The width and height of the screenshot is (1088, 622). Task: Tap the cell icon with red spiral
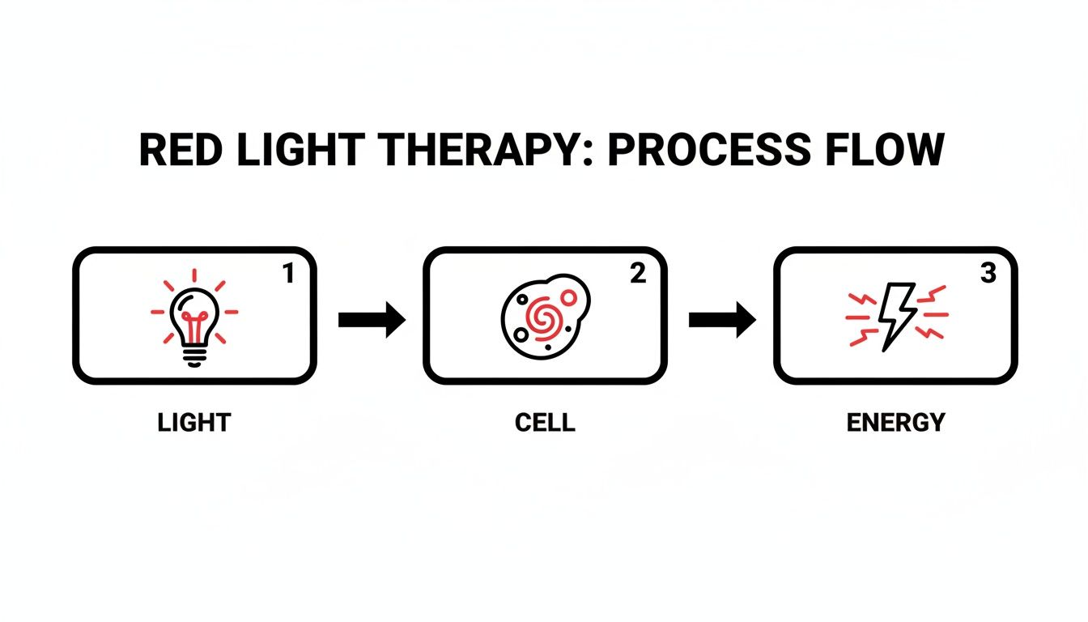coord(543,313)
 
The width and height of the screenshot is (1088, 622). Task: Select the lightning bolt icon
coord(896,316)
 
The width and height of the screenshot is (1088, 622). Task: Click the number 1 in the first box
coord(288,275)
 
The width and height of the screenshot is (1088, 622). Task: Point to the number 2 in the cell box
coord(638,275)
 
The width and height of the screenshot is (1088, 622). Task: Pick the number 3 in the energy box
coord(988,275)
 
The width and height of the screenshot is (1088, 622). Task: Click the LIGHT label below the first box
coord(194,422)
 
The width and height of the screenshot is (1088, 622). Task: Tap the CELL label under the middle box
coord(545,422)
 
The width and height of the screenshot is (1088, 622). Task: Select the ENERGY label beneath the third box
coord(895,422)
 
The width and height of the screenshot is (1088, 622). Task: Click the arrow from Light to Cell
coord(371,320)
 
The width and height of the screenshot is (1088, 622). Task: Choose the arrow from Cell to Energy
coord(721,320)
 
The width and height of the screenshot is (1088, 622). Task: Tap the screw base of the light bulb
coord(194,356)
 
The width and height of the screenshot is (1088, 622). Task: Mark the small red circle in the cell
coord(568,297)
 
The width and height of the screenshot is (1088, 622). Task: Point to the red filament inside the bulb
coord(194,322)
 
